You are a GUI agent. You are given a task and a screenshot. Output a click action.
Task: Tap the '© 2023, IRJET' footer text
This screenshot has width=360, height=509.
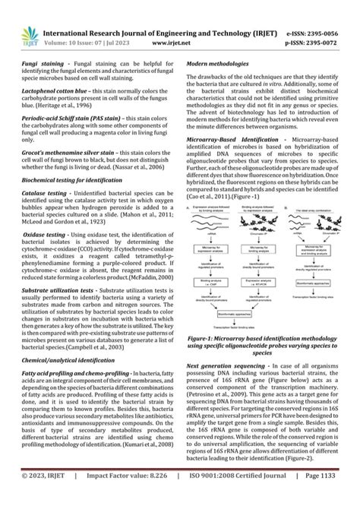[x=43, y=498]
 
